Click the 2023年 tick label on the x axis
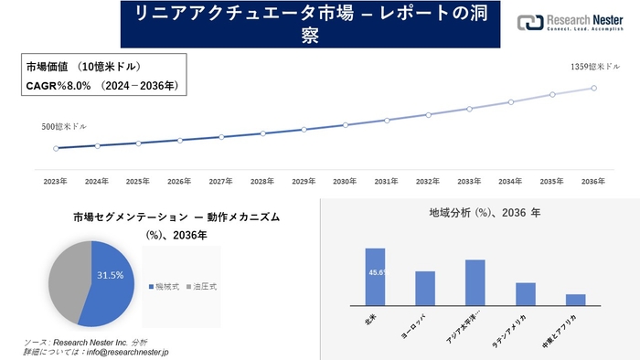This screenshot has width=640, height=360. pos(56,182)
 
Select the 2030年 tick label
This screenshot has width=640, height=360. pos(345,182)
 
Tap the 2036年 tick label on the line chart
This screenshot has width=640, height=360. pos(593,182)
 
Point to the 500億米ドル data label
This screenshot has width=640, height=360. pos(64,126)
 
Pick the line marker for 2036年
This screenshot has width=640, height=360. pos(594,88)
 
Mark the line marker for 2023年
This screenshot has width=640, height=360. pos(56,148)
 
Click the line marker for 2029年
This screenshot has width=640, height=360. pos(304,130)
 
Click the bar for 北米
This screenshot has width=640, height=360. pos(375,276)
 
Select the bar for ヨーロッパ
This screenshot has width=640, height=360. pos(424,288)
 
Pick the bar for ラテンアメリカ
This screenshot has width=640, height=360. pos(525,293)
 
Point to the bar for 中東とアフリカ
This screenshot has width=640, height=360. pos(575,299)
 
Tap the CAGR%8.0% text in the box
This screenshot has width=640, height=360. pos(101,86)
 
